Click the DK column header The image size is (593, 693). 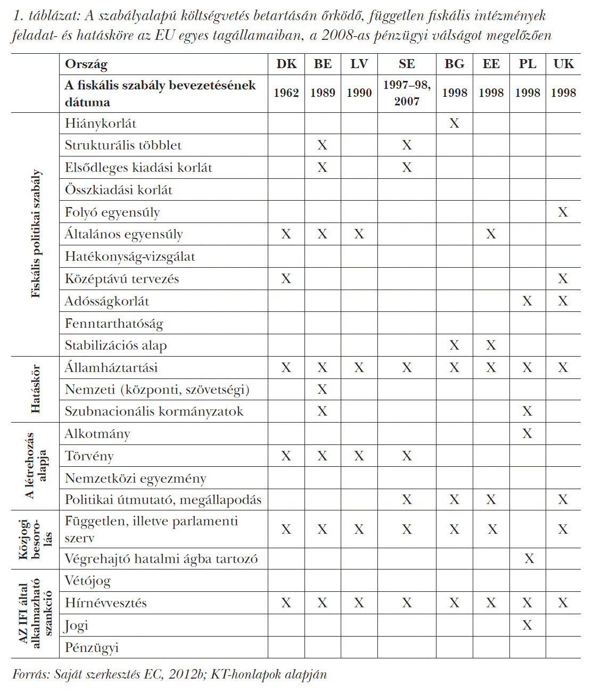(x=286, y=64)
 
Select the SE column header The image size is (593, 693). (x=407, y=64)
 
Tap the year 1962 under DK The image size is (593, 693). (x=286, y=93)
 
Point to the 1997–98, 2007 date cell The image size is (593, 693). (x=407, y=93)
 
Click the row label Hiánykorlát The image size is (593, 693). (x=101, y=123)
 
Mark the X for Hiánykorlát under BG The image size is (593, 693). (x=454, y=123)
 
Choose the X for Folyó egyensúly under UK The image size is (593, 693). (x=563, y=212)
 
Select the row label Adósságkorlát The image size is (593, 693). (x=107, y=301)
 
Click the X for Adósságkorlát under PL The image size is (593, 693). (x=527, y=301)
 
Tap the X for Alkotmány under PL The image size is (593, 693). (x=527, y=434)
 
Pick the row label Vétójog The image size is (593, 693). (x=88, y=581)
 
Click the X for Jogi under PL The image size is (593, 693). (x=527, y=625)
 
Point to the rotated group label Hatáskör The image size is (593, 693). (x=35, y=389)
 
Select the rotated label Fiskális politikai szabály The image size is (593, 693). (x=35, y=234)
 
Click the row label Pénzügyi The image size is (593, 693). (x=92, y=647)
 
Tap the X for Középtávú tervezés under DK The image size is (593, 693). (x=286, y=279)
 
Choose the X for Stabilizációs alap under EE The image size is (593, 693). (x=491, y=345)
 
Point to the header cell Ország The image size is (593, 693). (x=86, y=64)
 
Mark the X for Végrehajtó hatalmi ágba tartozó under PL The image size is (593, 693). (x=529, y=558)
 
